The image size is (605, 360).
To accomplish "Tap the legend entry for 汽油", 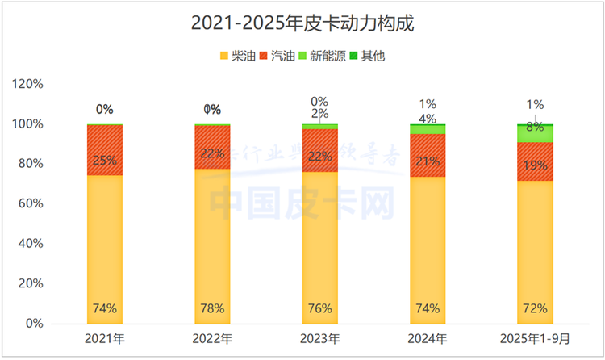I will coord(277,56).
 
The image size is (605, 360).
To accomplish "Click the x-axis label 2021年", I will coord(105,338).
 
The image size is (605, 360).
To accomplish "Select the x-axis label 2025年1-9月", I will coord(535,338).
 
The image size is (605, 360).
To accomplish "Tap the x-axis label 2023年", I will coord(320,338).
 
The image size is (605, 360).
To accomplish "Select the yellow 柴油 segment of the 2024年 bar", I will coord(428,242).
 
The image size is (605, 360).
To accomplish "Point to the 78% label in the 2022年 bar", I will coord(212,308).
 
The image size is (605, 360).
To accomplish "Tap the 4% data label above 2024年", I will coord(428,119).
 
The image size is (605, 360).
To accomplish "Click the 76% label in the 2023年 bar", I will coord(320,308).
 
